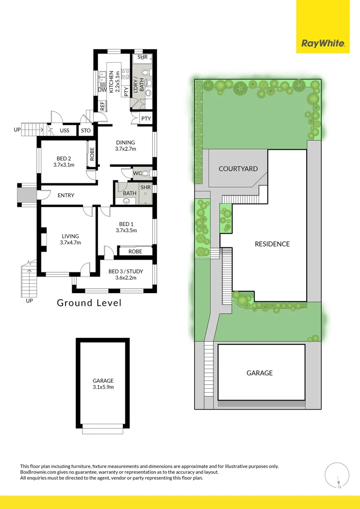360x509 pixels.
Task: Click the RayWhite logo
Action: tap(323, 44)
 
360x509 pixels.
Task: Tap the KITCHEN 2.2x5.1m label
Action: tap(114, 82)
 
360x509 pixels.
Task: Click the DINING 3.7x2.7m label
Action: tap(125, 146)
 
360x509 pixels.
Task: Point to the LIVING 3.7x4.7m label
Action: tap(70, 239)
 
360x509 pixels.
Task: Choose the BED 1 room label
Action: tap(126, 227)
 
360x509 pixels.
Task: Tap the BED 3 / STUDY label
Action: tap(125, 274)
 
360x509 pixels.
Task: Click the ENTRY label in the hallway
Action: tap(66, 195)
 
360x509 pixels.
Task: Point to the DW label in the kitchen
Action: tap(102, 90)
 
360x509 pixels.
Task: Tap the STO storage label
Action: tap(86, 131)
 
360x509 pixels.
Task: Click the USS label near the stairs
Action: tap(65, 131)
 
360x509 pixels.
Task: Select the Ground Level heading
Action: tap(89, 303)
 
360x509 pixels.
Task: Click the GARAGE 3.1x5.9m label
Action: tap(103, 384)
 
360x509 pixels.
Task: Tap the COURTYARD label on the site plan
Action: tap(238, 168)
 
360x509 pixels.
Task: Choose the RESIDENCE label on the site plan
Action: tap(272, 244)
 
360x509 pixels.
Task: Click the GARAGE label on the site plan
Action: tap(260, 373)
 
